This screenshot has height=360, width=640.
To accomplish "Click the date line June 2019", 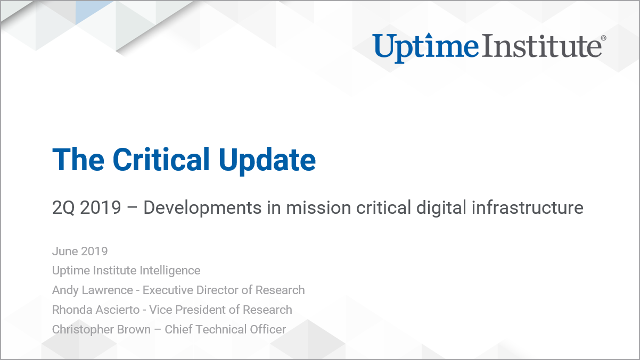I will point(80,251).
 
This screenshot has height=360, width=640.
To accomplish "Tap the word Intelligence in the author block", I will point(165,270).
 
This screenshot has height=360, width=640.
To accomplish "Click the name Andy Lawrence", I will point(92,290).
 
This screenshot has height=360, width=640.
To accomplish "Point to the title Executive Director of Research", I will point(224,290).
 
